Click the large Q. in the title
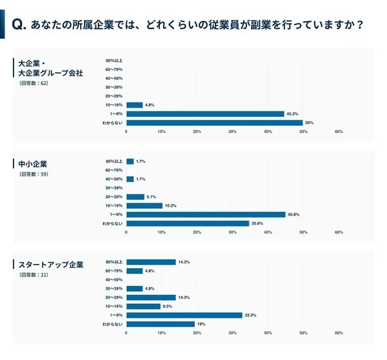[x=19, y=25]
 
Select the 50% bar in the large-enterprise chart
[x=214, y=123]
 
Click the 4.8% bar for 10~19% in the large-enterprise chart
[x=134, y=105]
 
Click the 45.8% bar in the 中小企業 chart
[x=206, y=214]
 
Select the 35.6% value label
[x=257, y=223]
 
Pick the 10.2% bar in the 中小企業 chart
[x=144, y=205]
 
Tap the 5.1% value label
[x=152, y=197]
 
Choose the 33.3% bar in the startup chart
[x=184, y=315]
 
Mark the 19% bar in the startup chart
[x=160, y=324]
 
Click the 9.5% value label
[x=168, y=306]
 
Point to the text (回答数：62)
[x=34, y=83]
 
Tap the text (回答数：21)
[x=34, y=275]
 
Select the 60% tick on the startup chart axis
[x=339, y=333]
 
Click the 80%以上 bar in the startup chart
[x=151, y=262]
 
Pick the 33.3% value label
[x=252, y=315]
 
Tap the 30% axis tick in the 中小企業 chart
[x=232, y=232]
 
